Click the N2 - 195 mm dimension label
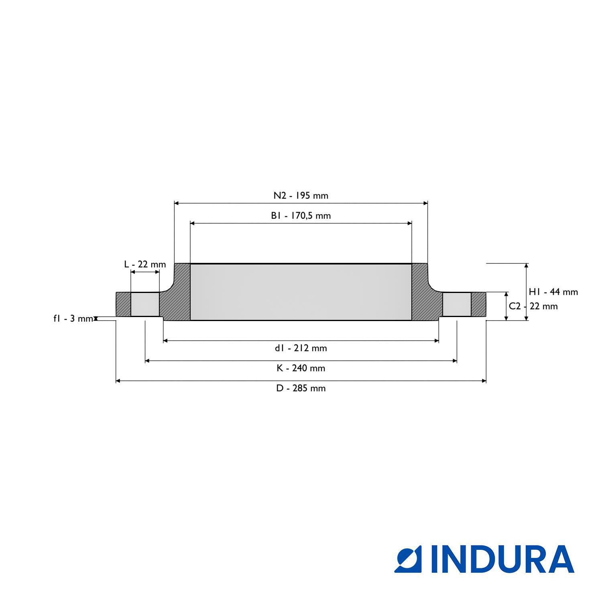pyautogui.click(x=301, y=196)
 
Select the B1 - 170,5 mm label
pyautogui.click(x=301, y=216)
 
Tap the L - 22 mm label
pyautogui.click(x=145, y=264)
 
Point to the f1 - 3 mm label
pyautogui.click(x=73, y=319)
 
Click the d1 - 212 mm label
pyautogui.click(x=301, y=348)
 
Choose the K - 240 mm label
pyautogui.click(x=301, y=368)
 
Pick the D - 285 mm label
pyautogui.click(x=301, y=388)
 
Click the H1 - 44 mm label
pyautogui.click(x=553, y=292)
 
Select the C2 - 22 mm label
pyautogui.click(x=533, y=306)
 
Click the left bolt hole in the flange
pyautogui.click(x=145, y=304)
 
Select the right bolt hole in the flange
pyautogui.click(x=457, y=304)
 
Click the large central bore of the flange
pyautogui.click(x=301, y=292)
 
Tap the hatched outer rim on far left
pyautogui.click(x=123, y=304)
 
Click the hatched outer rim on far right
pyautogui.click(x=478, y=304)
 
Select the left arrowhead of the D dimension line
pyautogui.click(x=118, y=381)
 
